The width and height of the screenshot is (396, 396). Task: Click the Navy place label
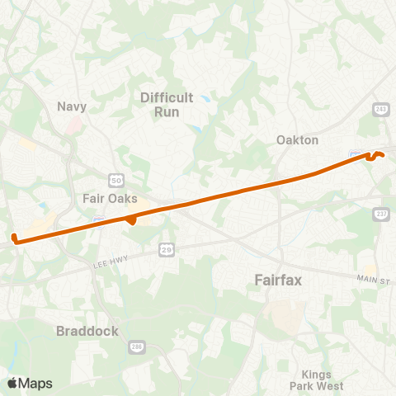pos(72,106)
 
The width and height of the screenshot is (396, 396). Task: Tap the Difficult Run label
pos(167,104)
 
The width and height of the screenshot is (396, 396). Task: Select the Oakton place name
pos(298,140)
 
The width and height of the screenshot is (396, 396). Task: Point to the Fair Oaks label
pos(110,198)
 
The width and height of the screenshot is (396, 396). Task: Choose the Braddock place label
pos(87,331)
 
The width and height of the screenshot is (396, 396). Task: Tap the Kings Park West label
pos(316,379)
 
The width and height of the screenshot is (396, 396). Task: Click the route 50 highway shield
pos(116,179)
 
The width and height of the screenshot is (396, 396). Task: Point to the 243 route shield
pos(380,109)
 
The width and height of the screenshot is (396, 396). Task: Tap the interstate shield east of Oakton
pos(354,154)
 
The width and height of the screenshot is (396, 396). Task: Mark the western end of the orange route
pos(14,239)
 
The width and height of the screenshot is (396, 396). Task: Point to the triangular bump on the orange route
pos(131,220)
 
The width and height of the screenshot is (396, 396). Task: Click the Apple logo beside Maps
pos(12,383)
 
